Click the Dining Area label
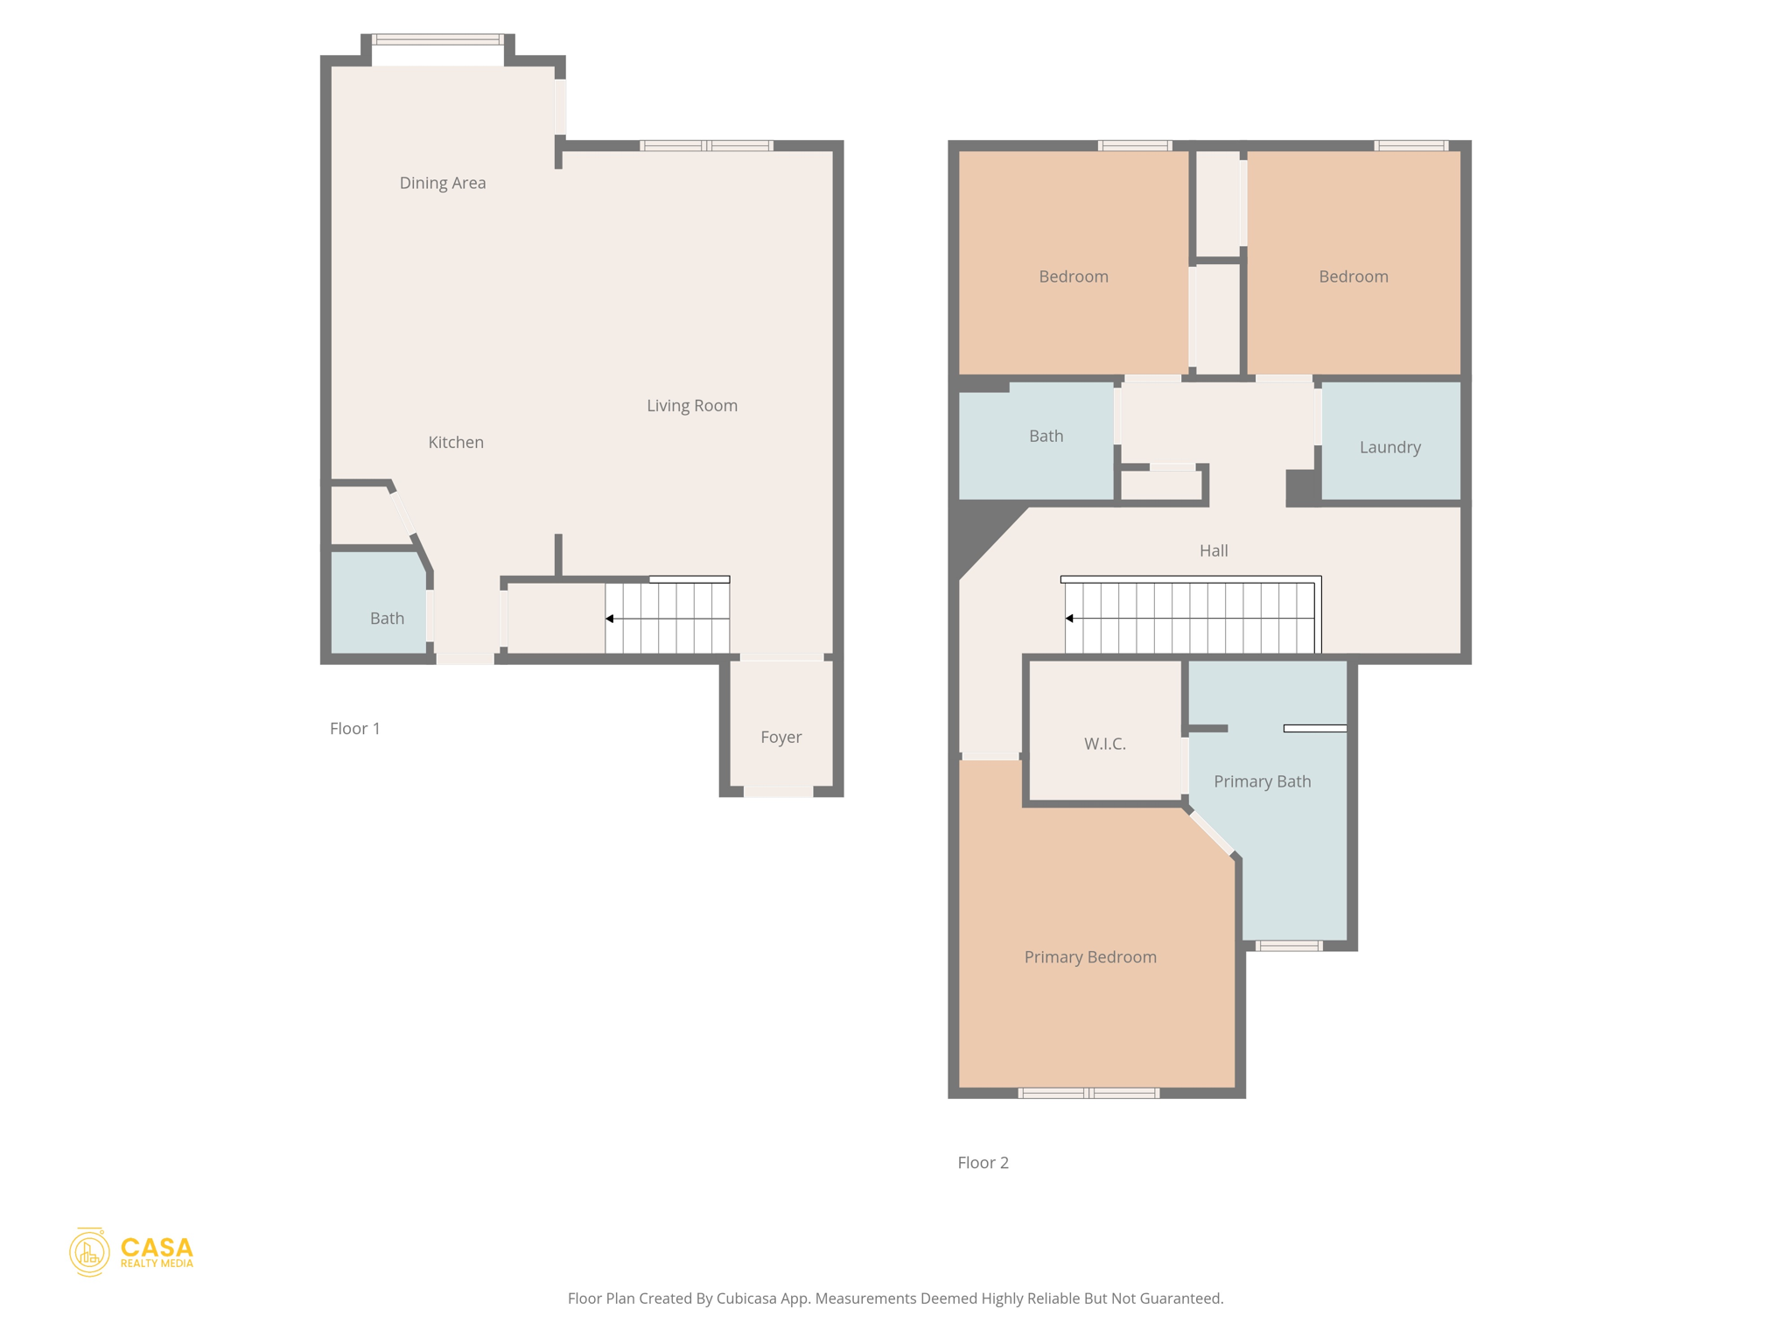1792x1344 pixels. point(442,183)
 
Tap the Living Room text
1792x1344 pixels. point(691,405)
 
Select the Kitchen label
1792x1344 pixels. point(455,442)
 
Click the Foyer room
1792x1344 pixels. point(780,737)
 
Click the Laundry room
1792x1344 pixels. point(1389,447)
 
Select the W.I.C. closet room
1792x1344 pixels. point(1104,744)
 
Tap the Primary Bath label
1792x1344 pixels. point(1262,781)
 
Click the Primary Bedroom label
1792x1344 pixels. point(1089,956)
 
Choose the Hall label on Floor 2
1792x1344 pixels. point(1213,550)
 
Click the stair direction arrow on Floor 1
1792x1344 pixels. point(610,619)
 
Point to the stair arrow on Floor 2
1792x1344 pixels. point(1069,619)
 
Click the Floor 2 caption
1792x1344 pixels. point(983,1162)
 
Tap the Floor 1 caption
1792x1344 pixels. point(354,728)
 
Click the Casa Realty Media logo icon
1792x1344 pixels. point(89,1252)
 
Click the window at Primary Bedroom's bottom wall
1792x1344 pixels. point(1088,1093)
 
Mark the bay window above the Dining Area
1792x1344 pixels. point(437,39)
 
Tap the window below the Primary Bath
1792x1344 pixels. point(1289,946)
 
